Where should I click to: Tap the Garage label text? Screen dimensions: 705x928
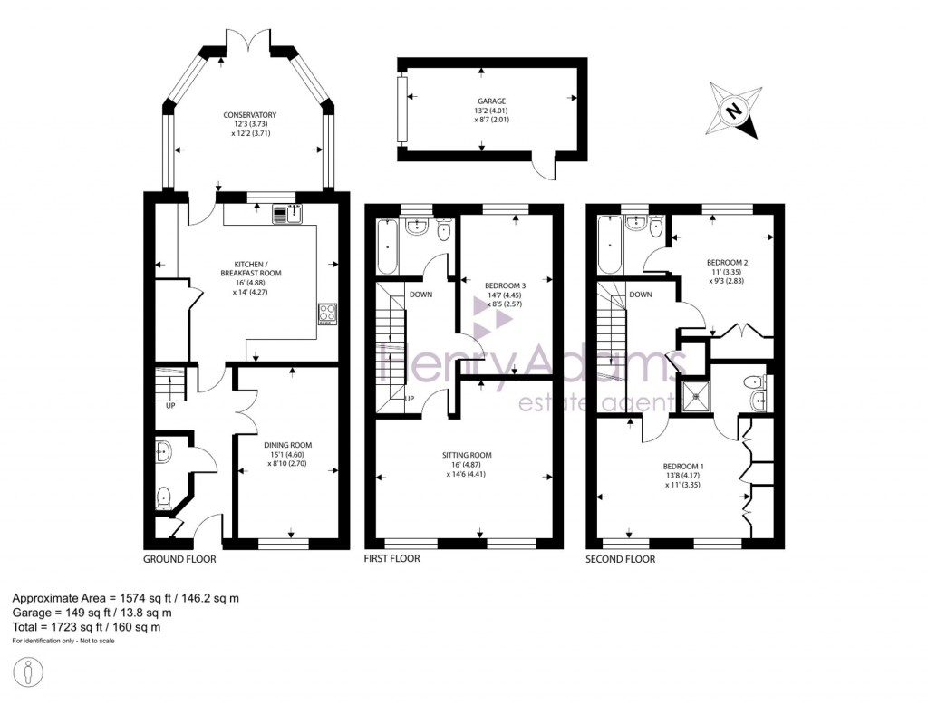492,101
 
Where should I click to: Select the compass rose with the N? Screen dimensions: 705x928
735,111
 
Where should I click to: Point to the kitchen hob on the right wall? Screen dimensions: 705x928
327,314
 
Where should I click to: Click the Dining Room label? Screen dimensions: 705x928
287,445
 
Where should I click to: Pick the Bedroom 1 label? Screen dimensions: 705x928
685,466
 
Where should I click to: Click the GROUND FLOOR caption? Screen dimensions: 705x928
179,559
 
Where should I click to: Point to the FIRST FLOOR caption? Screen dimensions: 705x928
392,559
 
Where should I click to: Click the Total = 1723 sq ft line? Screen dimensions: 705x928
87,626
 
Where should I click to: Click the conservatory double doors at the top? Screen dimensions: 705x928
247,41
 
